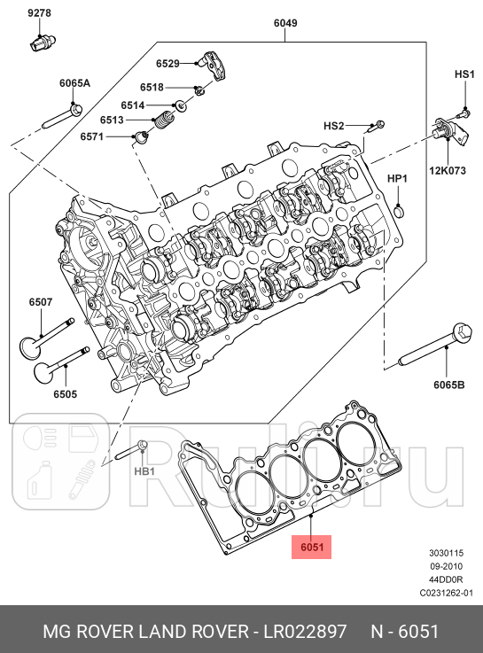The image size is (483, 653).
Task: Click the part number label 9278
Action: [x=39, y=13]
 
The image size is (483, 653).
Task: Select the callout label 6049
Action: [x=285, y=25]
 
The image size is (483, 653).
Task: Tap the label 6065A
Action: [x=75, y=82]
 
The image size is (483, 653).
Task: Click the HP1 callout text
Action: [x=398, y=179]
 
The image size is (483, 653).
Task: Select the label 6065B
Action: [x=449, y=385]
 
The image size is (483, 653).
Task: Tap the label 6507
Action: [x=41, y=302]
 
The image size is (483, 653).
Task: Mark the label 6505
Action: [x=64, y=393]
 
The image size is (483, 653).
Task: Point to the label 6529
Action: [x=167, y=63]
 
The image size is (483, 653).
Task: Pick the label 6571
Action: [x=92, y=136]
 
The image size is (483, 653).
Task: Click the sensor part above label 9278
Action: [x=43, y=41]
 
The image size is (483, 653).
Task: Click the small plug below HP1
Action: [x=399, y=209]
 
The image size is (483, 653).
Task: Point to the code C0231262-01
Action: [x=447, y=593]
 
